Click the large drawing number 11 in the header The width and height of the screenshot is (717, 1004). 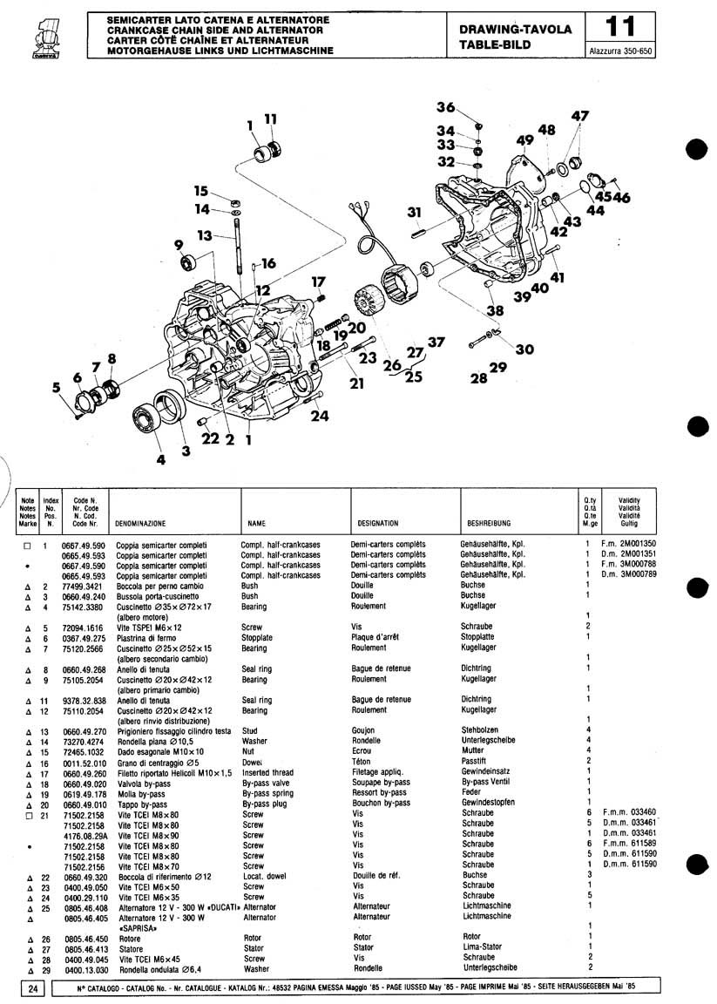click(621, 27)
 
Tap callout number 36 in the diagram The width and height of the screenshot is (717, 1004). click(445, 107)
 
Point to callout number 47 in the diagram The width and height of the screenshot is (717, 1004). click(579, 116)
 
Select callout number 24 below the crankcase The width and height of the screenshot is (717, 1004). click(320, 416)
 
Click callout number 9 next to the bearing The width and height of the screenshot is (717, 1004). click(179, 245)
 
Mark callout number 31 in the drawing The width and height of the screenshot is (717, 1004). click(414, 212)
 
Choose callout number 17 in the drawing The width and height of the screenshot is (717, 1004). click(318, 282)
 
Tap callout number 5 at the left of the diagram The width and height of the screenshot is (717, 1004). click(57, 388)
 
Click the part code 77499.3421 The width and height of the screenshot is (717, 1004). click(84, 587)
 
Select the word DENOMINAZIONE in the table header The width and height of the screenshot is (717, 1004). click(140, 525)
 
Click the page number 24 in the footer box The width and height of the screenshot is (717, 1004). click(31, 987)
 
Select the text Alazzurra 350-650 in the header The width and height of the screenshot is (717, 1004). click(621, 51)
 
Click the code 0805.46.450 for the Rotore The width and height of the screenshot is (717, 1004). click(84, 938)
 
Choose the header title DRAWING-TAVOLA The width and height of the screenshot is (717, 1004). click(521, 29)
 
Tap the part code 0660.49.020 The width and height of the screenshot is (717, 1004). click(84, 782)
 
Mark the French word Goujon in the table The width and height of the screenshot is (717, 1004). click(363, 730)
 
